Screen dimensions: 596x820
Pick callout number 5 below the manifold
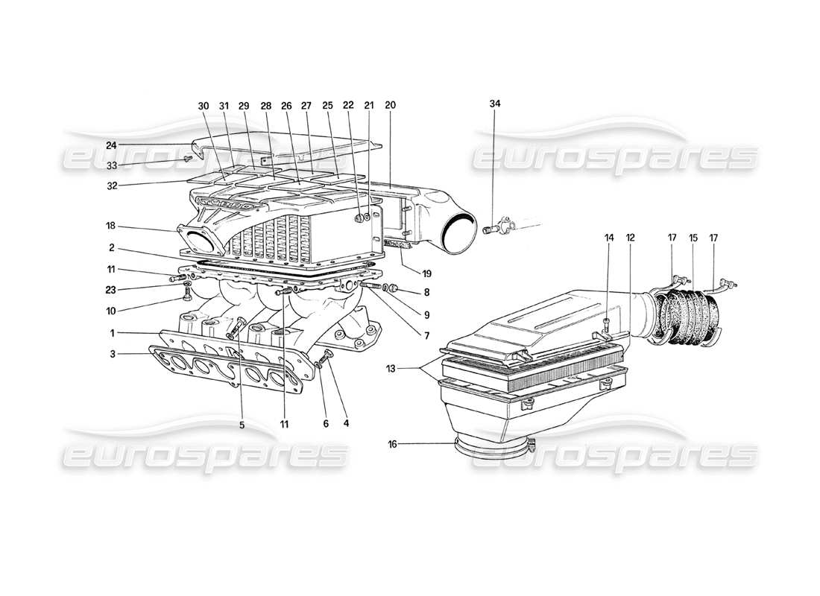click(242, 425)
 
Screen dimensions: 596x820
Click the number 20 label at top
click(391, 105)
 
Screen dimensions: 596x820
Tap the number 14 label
click(609, 238)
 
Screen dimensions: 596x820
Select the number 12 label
click(630, 238)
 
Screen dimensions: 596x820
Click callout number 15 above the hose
click(693, 238)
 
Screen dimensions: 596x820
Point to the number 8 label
click(426, 293)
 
